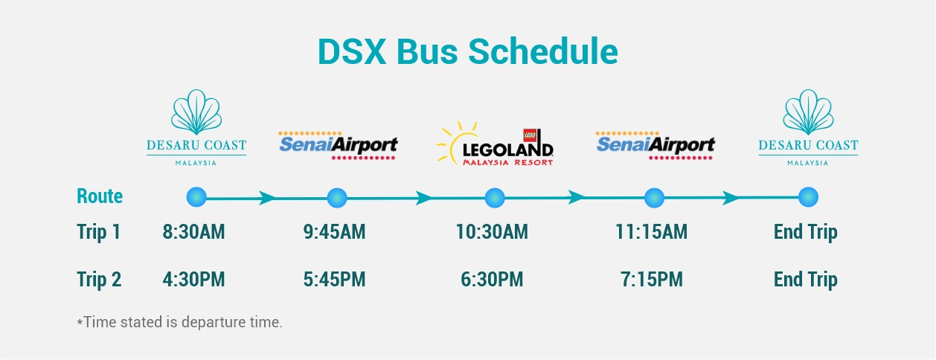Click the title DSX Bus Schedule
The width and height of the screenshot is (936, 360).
click(x=467, y=51)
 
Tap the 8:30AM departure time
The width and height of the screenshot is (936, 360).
click(x=193, y=232)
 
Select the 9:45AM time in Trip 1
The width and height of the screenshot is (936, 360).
click(x=334, y=232)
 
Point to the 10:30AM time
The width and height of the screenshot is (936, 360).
click(x=492, y=232)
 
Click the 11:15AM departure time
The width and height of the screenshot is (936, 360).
click(x=652, y=232)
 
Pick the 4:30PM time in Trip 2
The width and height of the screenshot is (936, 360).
click(x=193, y=280)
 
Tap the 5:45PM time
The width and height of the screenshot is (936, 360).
click(x=334, y=280)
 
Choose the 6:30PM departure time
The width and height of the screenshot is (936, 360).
click(x=492, y=280)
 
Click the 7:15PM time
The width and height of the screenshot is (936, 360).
click(x=652, y=280)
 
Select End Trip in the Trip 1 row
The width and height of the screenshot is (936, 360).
click(x=806, y=232)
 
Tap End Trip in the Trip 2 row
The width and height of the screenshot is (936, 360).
click(x=806, y=280)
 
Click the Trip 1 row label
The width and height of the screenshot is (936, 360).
click(x=99, y=232)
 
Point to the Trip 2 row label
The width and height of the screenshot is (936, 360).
click(x=99, y=280)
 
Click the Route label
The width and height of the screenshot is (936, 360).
click(x=100, y=196)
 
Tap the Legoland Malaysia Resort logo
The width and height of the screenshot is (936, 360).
click(x=496, y=144)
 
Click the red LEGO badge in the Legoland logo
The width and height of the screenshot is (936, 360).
click(x=530, y=135)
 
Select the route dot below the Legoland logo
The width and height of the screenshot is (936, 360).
click(x=495, y=198)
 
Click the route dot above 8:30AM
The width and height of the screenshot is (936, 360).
click(x=196, y=197)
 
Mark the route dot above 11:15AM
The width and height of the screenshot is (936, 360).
click(x=654, y=198)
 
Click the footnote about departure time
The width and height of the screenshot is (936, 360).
click(x=179, y=322)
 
